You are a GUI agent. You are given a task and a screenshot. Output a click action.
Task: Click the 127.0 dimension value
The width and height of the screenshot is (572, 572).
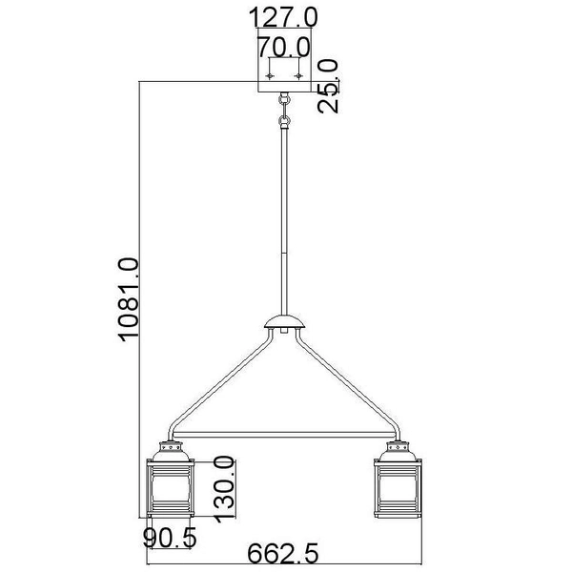pos(283,17)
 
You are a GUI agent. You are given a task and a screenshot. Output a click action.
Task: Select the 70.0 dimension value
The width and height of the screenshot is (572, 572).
pos(283,46)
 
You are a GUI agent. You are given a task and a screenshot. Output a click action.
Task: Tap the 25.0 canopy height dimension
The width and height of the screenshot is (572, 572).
pos(329,85)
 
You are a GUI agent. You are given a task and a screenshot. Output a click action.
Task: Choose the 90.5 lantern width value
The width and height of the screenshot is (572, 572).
pos(170,538)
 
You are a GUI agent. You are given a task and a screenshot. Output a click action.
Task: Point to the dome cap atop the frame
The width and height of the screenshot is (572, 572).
pos(284,322)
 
